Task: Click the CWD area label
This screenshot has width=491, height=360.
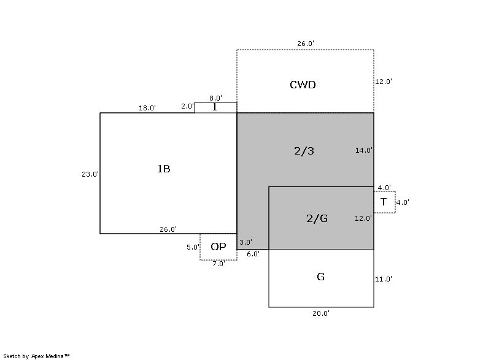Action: click(302, 85)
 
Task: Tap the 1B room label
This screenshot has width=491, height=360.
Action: click(163, 169)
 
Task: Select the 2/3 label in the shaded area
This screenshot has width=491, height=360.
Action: click(304, 151)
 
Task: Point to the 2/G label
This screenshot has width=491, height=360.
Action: click(317, 218)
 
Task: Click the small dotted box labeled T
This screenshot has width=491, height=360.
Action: click(384, 202)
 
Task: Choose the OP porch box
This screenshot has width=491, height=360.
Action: click(218, 247)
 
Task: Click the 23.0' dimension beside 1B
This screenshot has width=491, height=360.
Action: click(90, 174)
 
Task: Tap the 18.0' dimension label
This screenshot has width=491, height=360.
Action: click(147, 108)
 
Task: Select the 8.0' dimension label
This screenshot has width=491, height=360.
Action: click(215, 98)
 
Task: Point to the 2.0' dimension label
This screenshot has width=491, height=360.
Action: click(187, 106)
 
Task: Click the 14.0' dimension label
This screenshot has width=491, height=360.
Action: click(364, 150)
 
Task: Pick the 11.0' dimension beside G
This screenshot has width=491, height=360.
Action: click(384, 279)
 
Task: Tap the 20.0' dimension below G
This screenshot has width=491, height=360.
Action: click(321, 313)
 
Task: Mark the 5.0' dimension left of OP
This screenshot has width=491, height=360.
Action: click(193, 247)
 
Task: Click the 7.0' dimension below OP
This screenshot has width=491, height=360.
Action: click(218, 264)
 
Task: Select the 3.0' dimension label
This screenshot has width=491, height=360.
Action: click(245, 242)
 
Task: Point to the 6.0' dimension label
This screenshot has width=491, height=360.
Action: click(253, 253)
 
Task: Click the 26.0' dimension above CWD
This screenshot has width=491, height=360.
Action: click(306, 44)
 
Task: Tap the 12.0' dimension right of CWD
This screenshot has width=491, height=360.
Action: click(384, 81)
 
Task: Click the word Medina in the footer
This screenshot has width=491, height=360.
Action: click(56, 356)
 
